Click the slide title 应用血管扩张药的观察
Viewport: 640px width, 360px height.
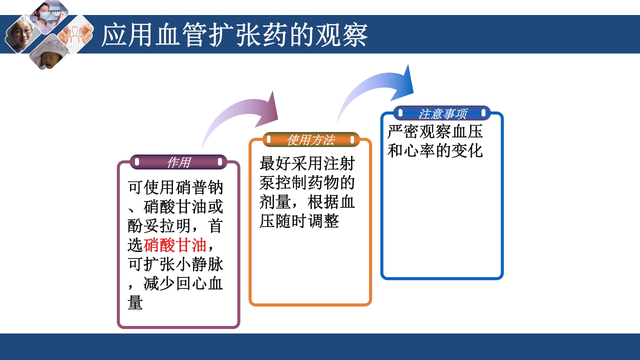point(234,35)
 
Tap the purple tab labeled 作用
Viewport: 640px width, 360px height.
point(178,162)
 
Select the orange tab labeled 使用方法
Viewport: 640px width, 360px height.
point(310,140)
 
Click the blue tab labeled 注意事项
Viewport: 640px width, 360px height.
point(442,113)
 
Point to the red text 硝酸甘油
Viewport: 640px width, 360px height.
point(175,245)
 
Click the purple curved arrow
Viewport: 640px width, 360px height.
point(240,117)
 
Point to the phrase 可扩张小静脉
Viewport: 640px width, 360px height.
point(175,264)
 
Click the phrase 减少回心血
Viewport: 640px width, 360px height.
point(183,283)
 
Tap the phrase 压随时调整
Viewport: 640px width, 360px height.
point(299,220)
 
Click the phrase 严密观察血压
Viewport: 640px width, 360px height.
point(435,132)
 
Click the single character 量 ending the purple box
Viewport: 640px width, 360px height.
point(135,302)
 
